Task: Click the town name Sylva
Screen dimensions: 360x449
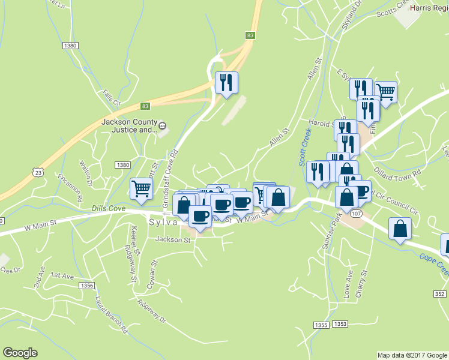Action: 163,221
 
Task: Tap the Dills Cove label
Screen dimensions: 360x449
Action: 109,208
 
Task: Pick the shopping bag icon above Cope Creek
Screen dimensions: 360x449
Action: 400,229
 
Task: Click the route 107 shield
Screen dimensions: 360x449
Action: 356,213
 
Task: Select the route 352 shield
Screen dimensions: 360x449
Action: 440,293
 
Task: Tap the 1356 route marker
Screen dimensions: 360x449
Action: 86,286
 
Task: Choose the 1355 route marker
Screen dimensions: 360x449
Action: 321,324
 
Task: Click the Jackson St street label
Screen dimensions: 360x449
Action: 172,240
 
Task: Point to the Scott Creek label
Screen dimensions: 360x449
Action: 304,146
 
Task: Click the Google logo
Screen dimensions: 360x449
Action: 20,353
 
